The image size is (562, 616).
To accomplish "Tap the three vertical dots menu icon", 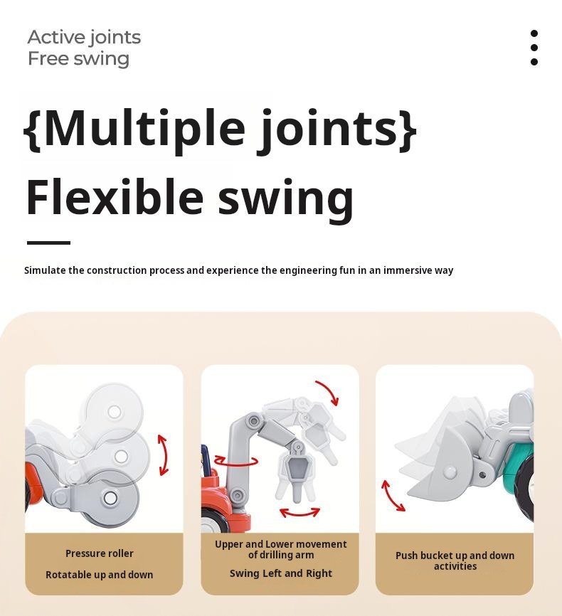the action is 534,48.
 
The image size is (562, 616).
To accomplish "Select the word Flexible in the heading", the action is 115,196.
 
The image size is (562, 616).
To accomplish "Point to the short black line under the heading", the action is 49,243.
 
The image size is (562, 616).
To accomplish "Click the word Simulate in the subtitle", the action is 45,270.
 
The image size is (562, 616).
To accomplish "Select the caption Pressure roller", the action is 100,553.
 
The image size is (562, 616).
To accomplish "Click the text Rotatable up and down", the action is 99,575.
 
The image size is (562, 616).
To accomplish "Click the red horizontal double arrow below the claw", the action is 299,512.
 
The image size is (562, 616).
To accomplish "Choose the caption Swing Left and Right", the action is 281,573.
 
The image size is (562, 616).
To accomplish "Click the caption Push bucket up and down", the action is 455,556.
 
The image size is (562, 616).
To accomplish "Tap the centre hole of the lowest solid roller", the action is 110,498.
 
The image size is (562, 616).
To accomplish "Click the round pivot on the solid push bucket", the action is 450,472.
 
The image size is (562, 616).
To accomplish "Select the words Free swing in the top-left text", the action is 78,59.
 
